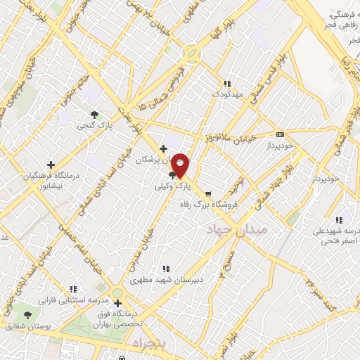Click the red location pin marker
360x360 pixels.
(x=181, y=165)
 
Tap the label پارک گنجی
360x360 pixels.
(x=94, y=125)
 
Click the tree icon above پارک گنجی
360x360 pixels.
(x=94, y=114)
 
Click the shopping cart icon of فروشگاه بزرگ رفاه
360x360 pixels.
(x=207, y=193)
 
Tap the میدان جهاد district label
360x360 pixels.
(x=236, y=230)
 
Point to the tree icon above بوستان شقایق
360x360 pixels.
(x=28, y=315)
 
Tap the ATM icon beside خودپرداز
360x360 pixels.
(x=281, y=134)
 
